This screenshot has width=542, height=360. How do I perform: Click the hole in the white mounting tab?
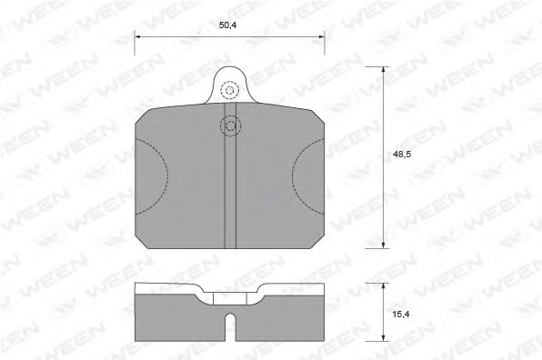click(x=229, y=90)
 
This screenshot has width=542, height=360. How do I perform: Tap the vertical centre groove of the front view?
click(x=229, y=191)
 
